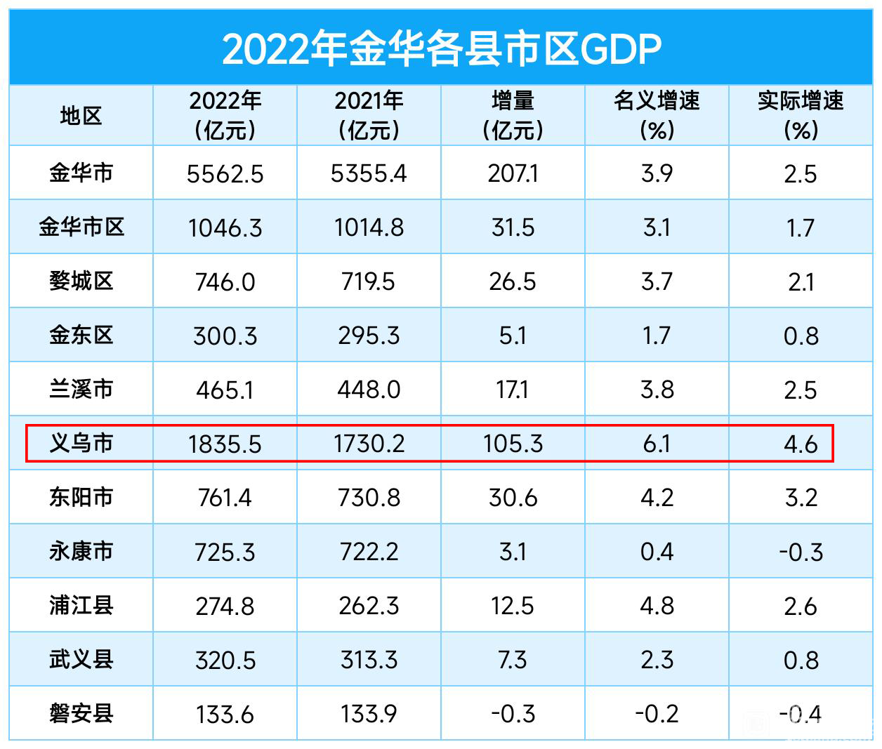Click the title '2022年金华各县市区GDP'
tap(441, 48)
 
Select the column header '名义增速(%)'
tap(657, 116)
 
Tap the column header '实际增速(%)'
tap(801, 116)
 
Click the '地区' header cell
tap(81, 116)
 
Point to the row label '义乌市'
tap(81, 443)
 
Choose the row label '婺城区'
tap(81, 281)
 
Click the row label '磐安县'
tap(81, 713)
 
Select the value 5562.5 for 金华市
tap(225, 173)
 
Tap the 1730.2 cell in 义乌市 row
tap(369, 444)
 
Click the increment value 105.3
tap(513, 444)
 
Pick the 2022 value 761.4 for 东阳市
tap(225, 498)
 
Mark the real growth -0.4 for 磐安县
tap(801, 714)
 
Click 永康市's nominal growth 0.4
tap(657, 552)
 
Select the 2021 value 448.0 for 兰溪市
tap(369, 390)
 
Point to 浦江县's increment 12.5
tap(513, 606)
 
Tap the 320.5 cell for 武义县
tap(225, 660)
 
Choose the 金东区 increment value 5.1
tap(513, 336)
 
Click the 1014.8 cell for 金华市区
tap(369, 227)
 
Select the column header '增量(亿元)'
tap(513, 116)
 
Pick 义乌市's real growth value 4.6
tap(801, 444)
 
